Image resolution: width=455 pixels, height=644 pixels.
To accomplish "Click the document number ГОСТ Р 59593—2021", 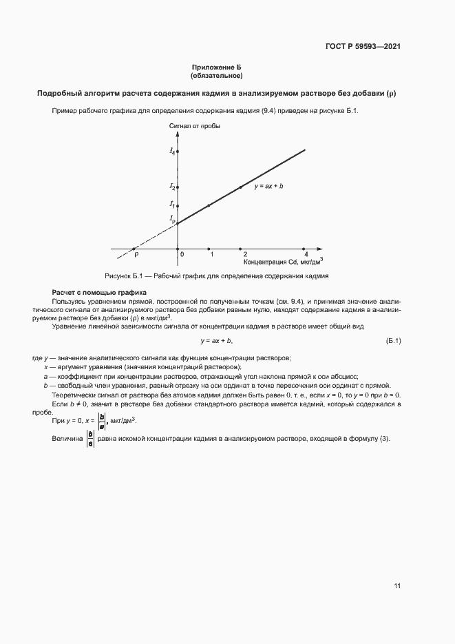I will [363, 46].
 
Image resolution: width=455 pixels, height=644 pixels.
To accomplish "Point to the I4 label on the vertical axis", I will [171, 151].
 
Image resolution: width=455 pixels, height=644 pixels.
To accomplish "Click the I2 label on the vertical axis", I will [171, 187].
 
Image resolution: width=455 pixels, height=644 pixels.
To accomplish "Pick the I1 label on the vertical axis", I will [171, 205].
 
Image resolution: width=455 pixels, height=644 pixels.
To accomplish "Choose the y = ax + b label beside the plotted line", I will [268, 187].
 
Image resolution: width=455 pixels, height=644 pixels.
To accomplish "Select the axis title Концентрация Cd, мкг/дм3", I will [283, 262].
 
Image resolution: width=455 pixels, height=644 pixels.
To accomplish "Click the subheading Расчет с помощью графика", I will [95, 293].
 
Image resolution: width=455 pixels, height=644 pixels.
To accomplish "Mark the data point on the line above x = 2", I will [240, 187].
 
